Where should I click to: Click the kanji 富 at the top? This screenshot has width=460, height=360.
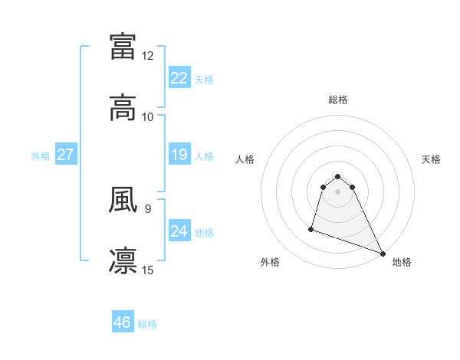[123, 46]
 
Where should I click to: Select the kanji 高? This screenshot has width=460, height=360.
[123, 107]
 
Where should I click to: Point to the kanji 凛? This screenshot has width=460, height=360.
[123, 260]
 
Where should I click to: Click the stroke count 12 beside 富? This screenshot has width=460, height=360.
[148, 56]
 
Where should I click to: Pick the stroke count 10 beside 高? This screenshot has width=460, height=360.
[148, 117]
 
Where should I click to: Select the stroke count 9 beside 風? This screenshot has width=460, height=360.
[147, 207]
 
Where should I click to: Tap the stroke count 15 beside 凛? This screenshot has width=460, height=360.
[148, 270]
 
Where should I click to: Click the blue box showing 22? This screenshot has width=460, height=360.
[179, 78]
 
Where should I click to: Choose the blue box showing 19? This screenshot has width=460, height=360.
[179, 155]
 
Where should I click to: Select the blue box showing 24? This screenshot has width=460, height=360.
[179, 231]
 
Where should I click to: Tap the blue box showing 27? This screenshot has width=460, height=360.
[66, 155]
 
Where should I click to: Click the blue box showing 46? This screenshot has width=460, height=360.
[123, 322]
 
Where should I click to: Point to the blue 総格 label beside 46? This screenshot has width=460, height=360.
[147, 324]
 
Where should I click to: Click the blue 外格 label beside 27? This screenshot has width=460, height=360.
[41, 156]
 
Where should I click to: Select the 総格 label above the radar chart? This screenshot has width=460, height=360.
[338, 100]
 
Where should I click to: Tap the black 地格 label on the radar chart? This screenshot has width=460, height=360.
[402, 262]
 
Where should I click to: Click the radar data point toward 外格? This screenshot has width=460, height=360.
[311, 228]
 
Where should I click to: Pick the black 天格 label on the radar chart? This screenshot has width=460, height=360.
[431, 159]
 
